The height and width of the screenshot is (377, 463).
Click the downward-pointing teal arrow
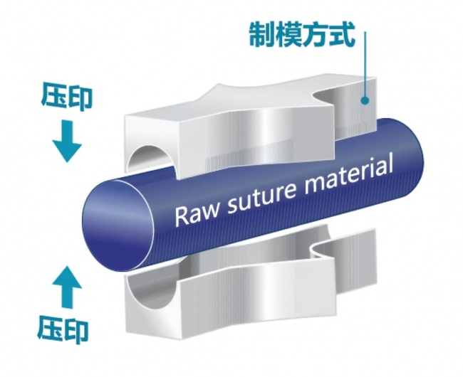click(67, 141)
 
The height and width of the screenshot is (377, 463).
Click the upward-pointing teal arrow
click(67, 287)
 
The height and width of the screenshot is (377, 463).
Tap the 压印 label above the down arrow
click(67, 97)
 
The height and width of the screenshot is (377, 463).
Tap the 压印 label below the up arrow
click(63, 329)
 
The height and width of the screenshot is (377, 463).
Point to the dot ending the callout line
click(365, 100)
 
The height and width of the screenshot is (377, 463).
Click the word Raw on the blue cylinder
click(197, 213)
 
